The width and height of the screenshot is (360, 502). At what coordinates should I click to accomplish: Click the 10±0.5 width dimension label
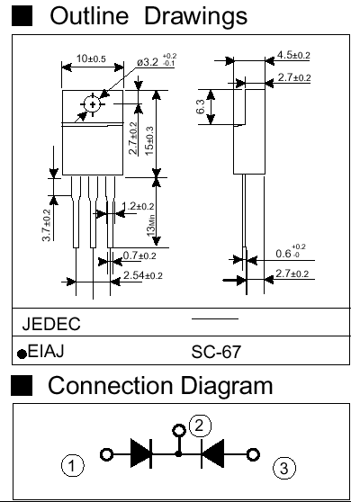(x=91, y=58)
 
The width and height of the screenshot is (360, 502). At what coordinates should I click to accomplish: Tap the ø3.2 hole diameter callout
(x=157, y=61)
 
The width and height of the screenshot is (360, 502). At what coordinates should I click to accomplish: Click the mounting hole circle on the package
(x=93, y=104)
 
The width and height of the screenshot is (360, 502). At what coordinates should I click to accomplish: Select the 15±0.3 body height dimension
(x=149, y=141)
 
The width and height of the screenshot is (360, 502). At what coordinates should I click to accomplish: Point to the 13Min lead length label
(x=151, y=226)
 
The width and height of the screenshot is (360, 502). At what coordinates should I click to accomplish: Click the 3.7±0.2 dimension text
(x=47, y=225)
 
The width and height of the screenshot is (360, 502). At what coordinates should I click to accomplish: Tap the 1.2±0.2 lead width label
(x=138, y=206)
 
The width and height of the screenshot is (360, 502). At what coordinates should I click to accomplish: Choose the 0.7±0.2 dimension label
(x=139, y=255)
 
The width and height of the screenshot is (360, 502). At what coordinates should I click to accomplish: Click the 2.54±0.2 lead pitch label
(x=143, y=275)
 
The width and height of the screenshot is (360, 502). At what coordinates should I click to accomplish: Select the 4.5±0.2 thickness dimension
(x=293, y=55)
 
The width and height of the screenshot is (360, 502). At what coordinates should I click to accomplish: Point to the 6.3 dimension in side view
(x=201, y=107)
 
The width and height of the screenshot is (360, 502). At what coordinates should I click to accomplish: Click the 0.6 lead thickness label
(x=291, y=252)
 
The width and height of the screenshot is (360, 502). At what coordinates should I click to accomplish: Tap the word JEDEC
(x=51, y=324)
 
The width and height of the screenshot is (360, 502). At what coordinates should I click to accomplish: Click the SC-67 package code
(x=216, y=352)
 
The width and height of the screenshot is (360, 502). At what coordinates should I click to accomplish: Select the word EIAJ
(x=46, y=351)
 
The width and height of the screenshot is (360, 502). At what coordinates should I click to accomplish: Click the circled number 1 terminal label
(x=72, y=465)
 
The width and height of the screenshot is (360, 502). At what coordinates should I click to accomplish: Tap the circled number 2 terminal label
(x=200, y=426)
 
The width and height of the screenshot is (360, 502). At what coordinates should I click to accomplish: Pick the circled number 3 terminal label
(x=284, y=469)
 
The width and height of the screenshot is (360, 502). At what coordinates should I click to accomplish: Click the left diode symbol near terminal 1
(x=141, y=453)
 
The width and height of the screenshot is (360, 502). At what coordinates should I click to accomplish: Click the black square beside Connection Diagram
(x=22, y=385)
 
